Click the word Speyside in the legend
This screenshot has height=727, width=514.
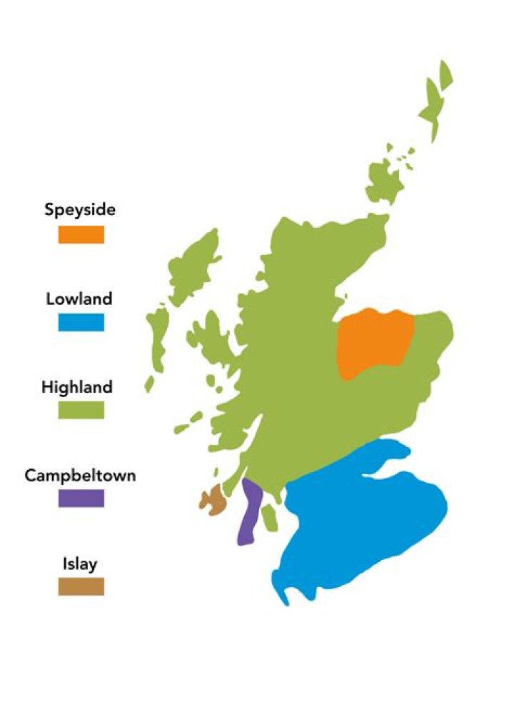(80, 210)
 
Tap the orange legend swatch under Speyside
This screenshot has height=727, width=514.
(81, 234)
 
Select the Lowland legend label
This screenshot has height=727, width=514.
(79, 299)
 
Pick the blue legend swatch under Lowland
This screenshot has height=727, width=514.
(81, 322)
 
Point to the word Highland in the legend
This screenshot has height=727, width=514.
(77, 387)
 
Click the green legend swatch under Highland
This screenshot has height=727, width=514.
(81, 410)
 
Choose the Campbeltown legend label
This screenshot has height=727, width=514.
(80, 475)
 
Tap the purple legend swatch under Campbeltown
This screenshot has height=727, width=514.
(81, 498)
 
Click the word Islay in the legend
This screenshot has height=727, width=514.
(80, 564)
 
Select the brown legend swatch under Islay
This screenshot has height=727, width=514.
(81, 586)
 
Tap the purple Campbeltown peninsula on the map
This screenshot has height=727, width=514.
(247, 514)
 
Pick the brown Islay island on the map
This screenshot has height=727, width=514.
(213, 500)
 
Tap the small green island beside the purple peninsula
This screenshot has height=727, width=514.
(269, 518)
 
